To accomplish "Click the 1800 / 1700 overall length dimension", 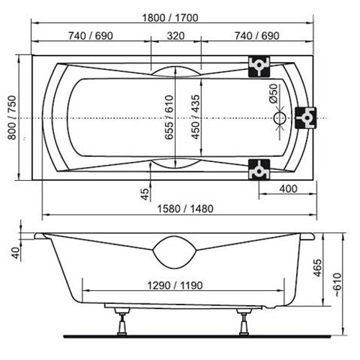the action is [x=170, y=18].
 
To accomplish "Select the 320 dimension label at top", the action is [x=176, y=36].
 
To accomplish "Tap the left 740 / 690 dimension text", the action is [x=91, y=36].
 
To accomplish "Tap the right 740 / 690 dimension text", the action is [x=257, y=36].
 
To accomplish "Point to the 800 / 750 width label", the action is [x=12, y=117].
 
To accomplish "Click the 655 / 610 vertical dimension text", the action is [x=169, y=117].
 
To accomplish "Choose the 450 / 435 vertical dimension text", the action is [x=196, y=117].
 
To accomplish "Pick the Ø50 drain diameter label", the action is [x=273, y=94].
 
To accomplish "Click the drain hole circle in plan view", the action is [x=280, y=118].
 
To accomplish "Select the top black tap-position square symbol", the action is [x=259, y=66].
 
